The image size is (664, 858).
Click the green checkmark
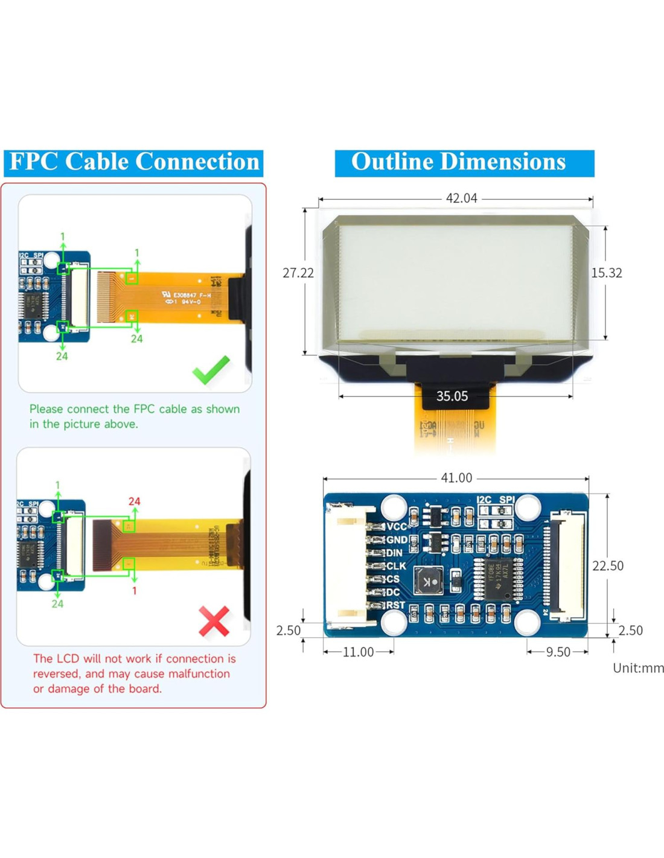point(211,370)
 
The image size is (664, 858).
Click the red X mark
point(214,621)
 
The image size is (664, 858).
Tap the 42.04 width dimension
point(461,198)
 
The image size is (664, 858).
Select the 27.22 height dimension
point(298,273)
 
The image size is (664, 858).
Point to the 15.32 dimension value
point(606,273)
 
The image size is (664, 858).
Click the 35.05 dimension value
point(452,396)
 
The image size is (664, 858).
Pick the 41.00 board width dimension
point(456,478)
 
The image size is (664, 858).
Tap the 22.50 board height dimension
point(608,565)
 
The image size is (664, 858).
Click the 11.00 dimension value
point(358,652)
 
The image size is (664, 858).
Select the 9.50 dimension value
point(558,652)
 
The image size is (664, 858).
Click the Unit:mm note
point(638,668)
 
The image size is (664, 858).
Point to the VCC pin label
point(397,527)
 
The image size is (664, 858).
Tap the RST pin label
point(395,605)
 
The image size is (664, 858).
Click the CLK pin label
point(396,566)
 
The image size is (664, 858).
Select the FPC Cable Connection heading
point(134,162)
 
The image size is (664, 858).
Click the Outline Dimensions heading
point(459,162)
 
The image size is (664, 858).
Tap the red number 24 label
point(134,501)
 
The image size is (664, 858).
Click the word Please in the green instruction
point(46,409)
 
